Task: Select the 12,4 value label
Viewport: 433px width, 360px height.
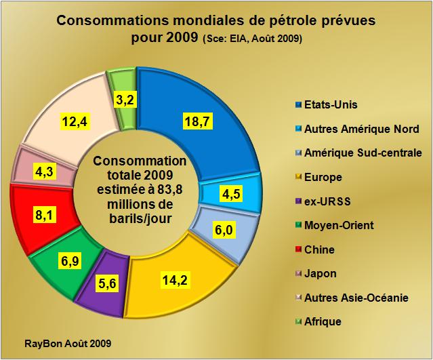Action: tap(75, 122)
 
